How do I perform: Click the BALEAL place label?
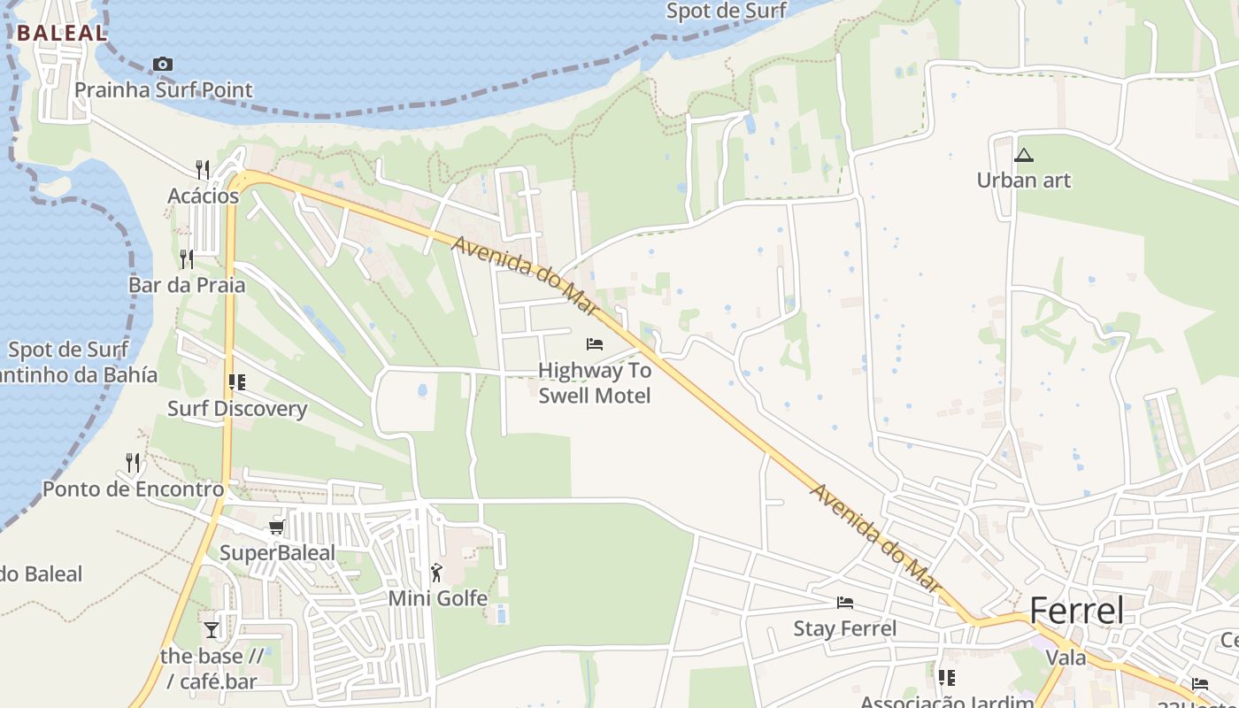pyautogui.click(x=62, y=33)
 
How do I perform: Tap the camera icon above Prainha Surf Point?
pyautogui.click(x=163, y=64)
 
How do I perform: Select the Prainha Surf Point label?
pyautogui.click(x=164, y=89)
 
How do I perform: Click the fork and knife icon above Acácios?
pyautogui.click(x=203, y=169)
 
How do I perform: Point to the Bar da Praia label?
pyautogui.click(x=187, y=285)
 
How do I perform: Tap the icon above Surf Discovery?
pyautogui.click(x=236, y=382)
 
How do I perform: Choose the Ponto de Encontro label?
pyautogui.click(x=134, y=489)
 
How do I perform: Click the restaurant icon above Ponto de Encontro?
pyautogui.click(x=133, y=462)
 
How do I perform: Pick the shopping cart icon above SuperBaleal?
pyautogui.click(x=277, y=527)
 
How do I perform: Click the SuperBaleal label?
pyautogui.click(x=277, y=553)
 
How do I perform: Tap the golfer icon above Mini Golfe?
pyautogui.click(x=436, y=572)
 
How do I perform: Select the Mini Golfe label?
pyautogui.click(x=438, y=598)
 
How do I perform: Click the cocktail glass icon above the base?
pyautogui.click(x=212, y=630)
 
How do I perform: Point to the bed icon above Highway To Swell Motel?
pyautogui.click(x=595, y=343)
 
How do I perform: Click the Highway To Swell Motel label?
pyautogui.click(x=595, y=382)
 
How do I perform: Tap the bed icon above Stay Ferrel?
pyautogui.click(x=845, y=603)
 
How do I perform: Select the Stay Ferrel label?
pyautogui.click(x=845, y=628)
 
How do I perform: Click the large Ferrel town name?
pyautogui.click(x=1077, y=611)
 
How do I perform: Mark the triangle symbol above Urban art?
pyautogui.click(x=1024, y=156)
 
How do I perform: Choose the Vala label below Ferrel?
pyautogui.click(x=1066, y=658)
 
